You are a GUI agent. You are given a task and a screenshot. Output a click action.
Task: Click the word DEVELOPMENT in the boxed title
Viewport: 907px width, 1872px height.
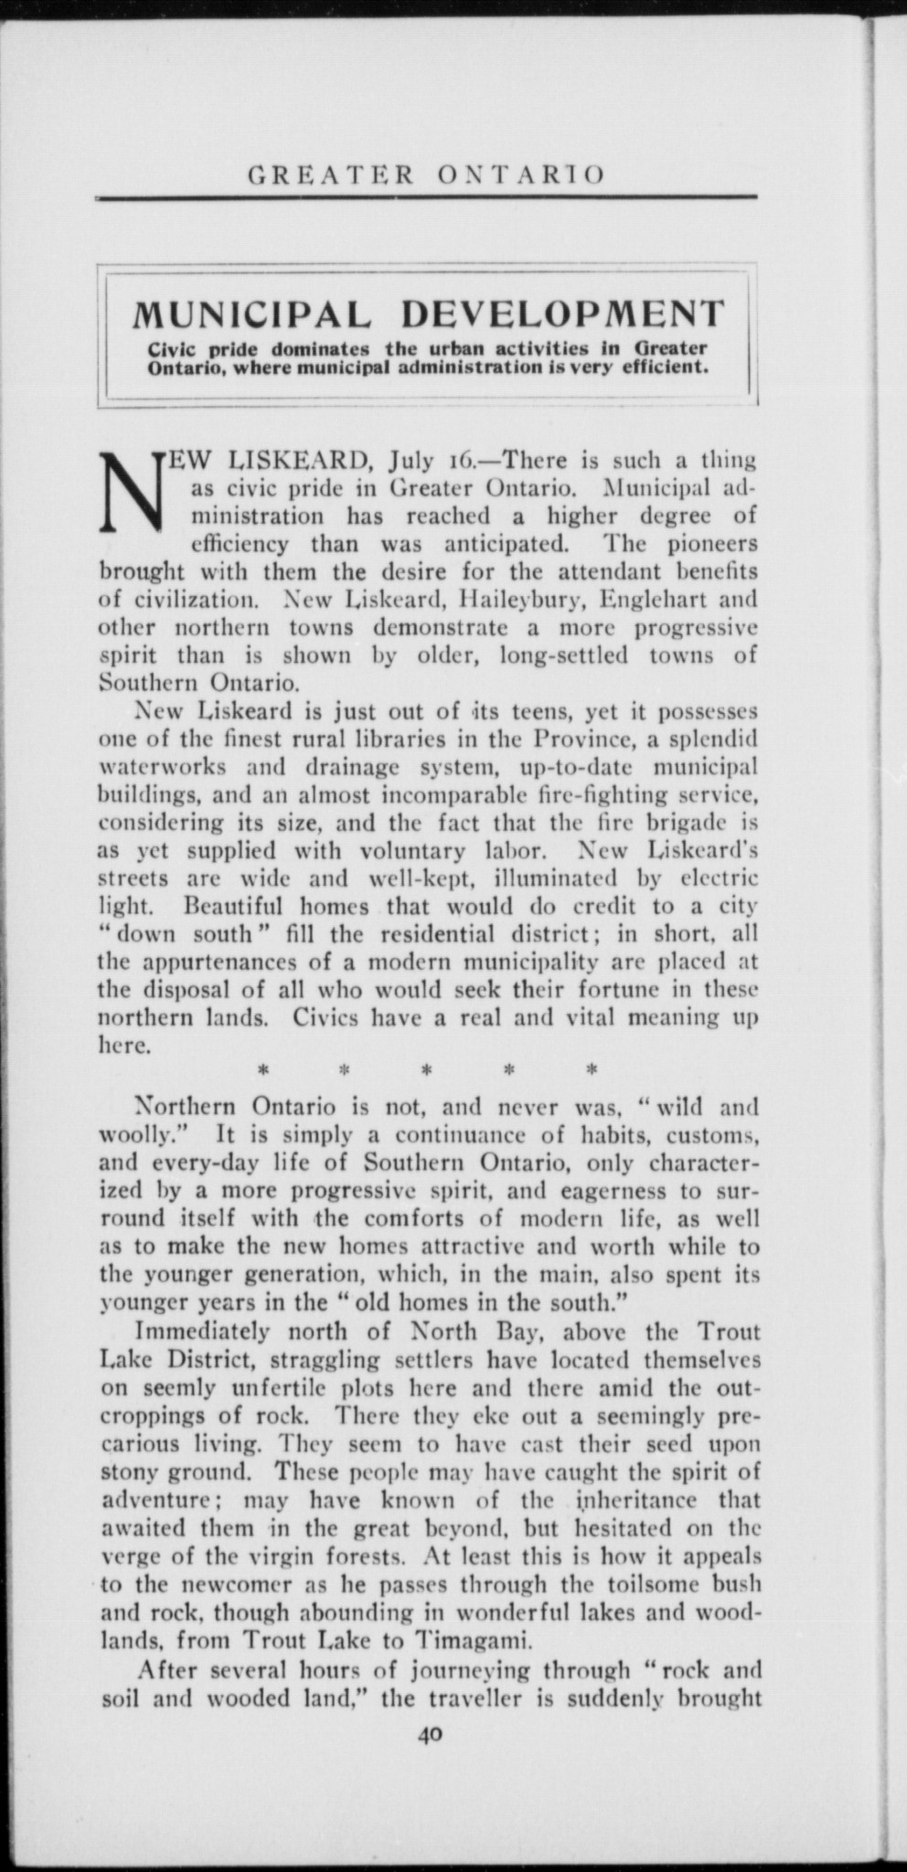point(564,314)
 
